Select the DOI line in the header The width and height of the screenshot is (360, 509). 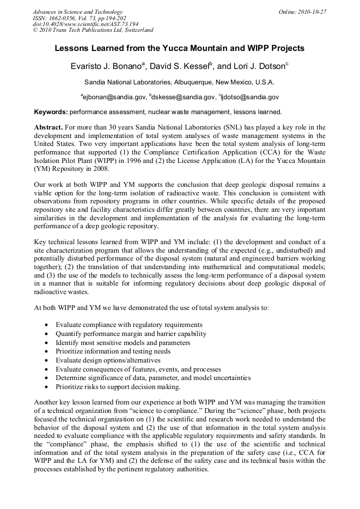point(85,24)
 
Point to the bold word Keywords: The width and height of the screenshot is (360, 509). point(51,113)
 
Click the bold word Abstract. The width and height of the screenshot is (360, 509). point(48,128)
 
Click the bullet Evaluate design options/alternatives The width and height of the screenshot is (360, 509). point(117,360)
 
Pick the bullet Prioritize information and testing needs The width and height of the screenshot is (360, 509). point(113,351)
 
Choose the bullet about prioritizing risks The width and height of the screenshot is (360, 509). point(118,387)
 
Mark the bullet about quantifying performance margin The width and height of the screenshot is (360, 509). point(131,334)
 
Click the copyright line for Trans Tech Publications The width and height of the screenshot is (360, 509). point(93,30)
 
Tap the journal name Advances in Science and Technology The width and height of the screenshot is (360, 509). point(78,12)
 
